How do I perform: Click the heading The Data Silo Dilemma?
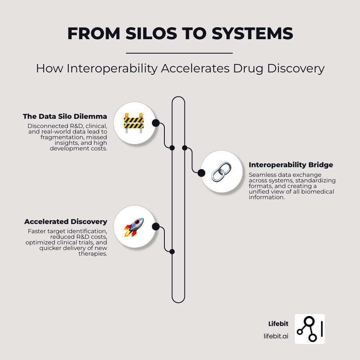pyautogui.click(x=65, y=117)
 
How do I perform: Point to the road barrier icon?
pyautogui.click(x=134, y=122)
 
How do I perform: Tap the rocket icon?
pyautogui.click(x=134, y=227)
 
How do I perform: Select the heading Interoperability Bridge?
pyautogui.click(x=291, y=165)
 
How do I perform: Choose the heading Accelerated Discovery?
pyautogui.click(x=66, y=222)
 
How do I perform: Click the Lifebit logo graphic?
pyautogui.click(x=310, y=329)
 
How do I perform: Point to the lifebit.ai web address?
pyautogui.click(x=276, y=336)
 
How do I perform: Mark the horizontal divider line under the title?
pyautogui.click(x=179, y=53)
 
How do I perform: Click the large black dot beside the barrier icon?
pyautogui.click(x=156, y=123)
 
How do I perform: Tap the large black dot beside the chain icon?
pyautogui.click(x=202, y=173)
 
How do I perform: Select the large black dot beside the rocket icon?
pyautogui.click(x=156, y=227)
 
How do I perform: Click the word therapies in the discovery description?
pyautogui.click(x=94, y=254)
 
